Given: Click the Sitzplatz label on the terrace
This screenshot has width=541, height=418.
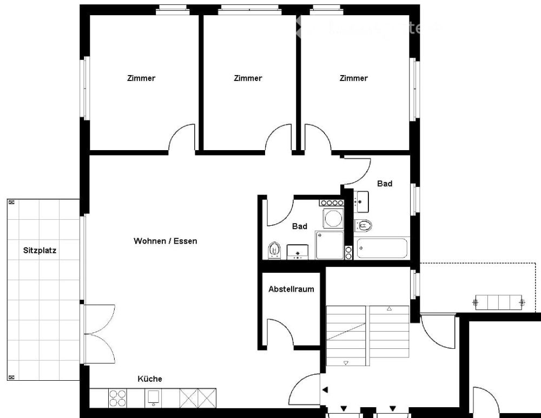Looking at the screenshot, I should (x=39, y=251).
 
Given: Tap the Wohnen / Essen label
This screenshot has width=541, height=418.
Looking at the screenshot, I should (x=165, y=241).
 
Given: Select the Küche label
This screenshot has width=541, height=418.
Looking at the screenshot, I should (x=149, y=379).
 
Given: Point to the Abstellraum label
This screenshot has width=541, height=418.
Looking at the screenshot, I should (x=291, y=289).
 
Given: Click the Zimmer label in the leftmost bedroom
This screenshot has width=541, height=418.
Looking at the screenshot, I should (x=141, y=78).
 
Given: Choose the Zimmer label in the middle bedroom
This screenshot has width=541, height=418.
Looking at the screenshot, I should (x=248, y=78).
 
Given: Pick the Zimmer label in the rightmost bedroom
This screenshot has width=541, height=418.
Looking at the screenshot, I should (x=353, y=78).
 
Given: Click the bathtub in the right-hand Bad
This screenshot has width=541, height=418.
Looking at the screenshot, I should (x=382, y=249).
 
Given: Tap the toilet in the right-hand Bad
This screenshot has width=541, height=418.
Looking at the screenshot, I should (x=364, y=225).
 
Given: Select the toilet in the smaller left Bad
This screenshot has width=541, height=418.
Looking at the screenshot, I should (x=274, y=250).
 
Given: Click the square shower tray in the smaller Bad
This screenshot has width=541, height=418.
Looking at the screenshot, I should (x=329, y=245).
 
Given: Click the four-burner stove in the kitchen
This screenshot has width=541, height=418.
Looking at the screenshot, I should (x=118, y=398).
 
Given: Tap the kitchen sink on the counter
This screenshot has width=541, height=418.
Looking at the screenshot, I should (x=153, y=398).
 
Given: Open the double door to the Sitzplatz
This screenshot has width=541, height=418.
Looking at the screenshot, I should (x=98, y=334).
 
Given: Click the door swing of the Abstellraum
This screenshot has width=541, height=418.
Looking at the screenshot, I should (x=280, y=332).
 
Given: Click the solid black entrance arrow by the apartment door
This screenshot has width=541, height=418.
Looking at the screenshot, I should (x=325, y=389).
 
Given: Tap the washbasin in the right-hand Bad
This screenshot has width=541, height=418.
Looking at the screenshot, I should (x=361, y=201).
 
